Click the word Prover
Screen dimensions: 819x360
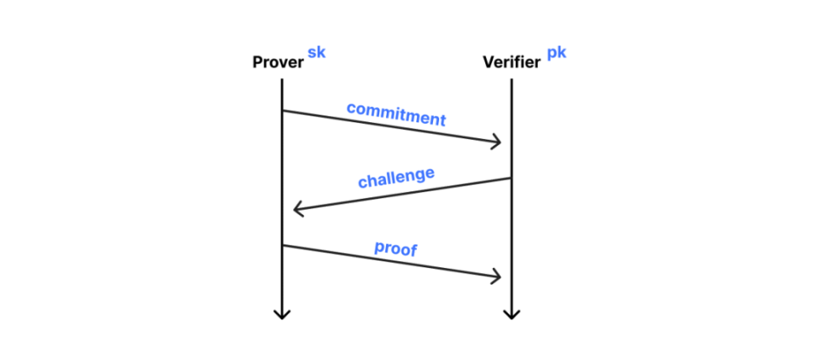pos(278,62)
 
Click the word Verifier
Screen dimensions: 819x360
pos(511,62)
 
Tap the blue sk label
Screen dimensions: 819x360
pos(317,52)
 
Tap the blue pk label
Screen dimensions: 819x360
pos(556,53)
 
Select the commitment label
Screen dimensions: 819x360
pos(397,114)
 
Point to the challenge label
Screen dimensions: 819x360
pos(396,178)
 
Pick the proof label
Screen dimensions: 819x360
pos(396,248)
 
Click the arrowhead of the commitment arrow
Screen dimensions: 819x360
pos(500,142)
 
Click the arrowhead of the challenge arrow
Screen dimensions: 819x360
pos(295,210)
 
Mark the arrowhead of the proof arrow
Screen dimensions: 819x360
pos(500,277)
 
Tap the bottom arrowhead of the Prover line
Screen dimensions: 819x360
pos(282,318)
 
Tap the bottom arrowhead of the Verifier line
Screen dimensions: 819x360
pos(511,318)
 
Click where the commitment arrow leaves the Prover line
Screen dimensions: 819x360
pos(282,110)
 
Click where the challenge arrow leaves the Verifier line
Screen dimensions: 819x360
pos(511,178)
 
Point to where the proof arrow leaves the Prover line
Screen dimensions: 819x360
pos(282,245)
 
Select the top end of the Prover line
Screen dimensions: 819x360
pos(282,79)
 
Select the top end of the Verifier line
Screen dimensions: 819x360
pos(511,79)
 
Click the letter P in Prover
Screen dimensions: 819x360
pos(258,62)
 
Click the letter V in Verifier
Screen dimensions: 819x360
pos(489,62)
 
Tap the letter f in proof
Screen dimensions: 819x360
pos(415,250)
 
